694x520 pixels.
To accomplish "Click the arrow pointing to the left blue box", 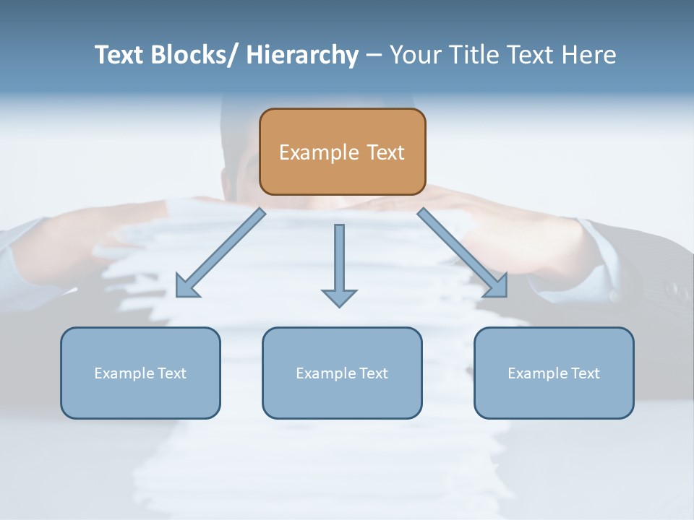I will [x=220, y=253].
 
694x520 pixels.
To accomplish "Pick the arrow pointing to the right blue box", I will [x=462, y=253].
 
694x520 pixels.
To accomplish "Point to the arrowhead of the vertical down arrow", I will [x=339, y=297].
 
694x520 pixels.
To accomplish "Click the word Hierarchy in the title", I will [x=302, y=55].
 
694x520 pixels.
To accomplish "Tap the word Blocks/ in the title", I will [x=196, y=55].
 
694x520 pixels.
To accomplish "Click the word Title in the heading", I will [x=475, y=55].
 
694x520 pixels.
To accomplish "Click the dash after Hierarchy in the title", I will [x=374, y=55].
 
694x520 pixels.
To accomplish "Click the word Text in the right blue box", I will [x=584, y=373].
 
